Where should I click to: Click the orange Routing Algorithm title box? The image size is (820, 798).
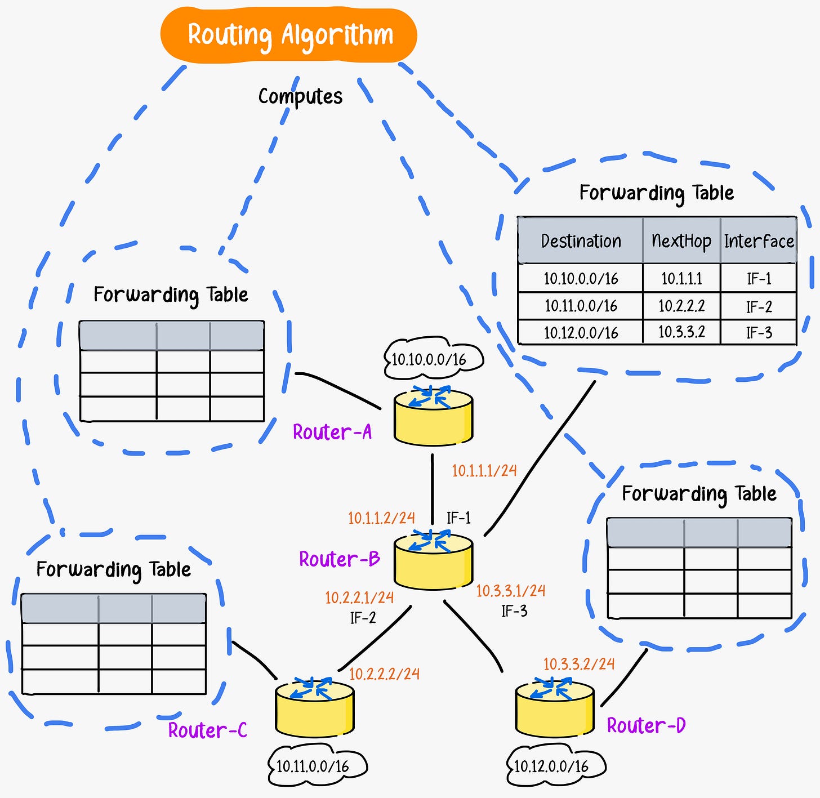(x=289, y=35)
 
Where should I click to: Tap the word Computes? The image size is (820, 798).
(x=300, y=96)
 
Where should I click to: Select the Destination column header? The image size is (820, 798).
(x=581, y=241)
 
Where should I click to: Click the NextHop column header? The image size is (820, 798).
(x=681, y=241)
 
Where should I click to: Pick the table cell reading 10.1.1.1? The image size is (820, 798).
(x=681, y=278)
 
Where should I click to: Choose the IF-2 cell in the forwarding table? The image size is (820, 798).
(x=759, y=306)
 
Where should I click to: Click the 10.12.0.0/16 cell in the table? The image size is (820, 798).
(x=581, y=332)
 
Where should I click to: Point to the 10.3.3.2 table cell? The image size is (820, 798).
(x=681, y=332)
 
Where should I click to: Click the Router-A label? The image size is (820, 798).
(x=332, y=432)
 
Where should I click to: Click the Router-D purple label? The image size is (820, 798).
(x=646, y=725)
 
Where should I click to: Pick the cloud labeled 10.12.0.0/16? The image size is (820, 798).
(x=555, y=766)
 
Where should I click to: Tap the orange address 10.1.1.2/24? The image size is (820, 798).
(x=381, y=518)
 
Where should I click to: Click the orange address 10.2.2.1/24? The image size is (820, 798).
(x=359, y=597)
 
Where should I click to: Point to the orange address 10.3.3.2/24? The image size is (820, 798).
(x=579, y=664)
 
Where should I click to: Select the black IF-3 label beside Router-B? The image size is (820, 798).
(x=514, y=611)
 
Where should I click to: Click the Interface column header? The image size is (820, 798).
(x=759, y=241)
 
